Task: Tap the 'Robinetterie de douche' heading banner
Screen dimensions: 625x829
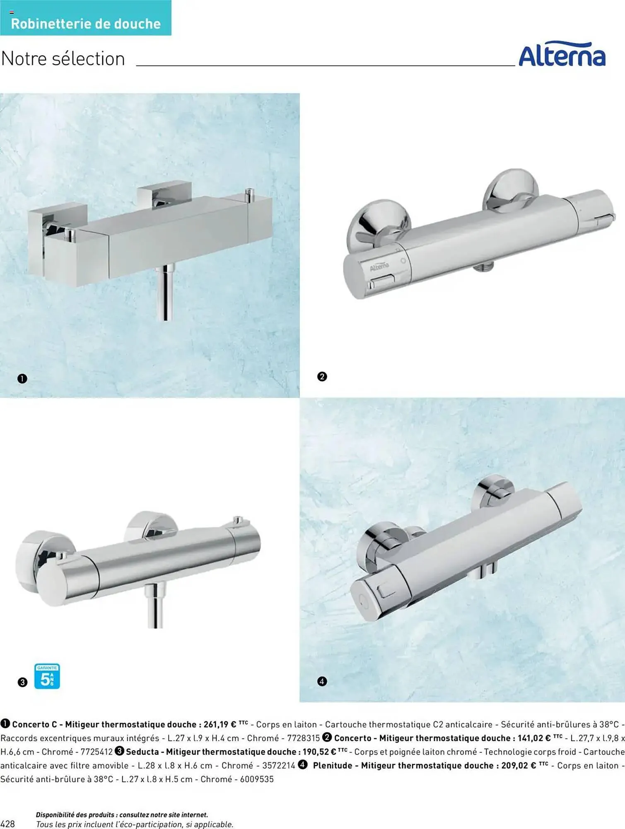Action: point(86,18)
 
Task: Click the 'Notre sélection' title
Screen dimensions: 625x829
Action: point(63,59)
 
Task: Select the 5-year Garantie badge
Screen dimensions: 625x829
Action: point(47,676)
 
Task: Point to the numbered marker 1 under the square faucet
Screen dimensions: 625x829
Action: point(22,378)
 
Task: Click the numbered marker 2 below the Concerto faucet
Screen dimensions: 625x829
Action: point(322,376)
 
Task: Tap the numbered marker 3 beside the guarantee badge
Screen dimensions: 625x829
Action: point(22,682)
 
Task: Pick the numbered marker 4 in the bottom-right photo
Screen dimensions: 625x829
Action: point(322,681)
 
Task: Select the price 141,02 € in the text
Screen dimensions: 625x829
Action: point(534,738)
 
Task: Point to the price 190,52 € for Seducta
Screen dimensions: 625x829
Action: point(319,751)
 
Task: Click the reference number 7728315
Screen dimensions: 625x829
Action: point(304,738)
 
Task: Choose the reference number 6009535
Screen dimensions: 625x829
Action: point(257,779)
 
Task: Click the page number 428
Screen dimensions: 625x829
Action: point(8,824)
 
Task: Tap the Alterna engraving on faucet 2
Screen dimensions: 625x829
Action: point(379,267)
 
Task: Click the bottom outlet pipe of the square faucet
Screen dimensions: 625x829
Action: point(165,292)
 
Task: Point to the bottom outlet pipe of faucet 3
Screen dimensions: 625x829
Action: point(155,605)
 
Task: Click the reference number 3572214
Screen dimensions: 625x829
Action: point(279,765)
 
